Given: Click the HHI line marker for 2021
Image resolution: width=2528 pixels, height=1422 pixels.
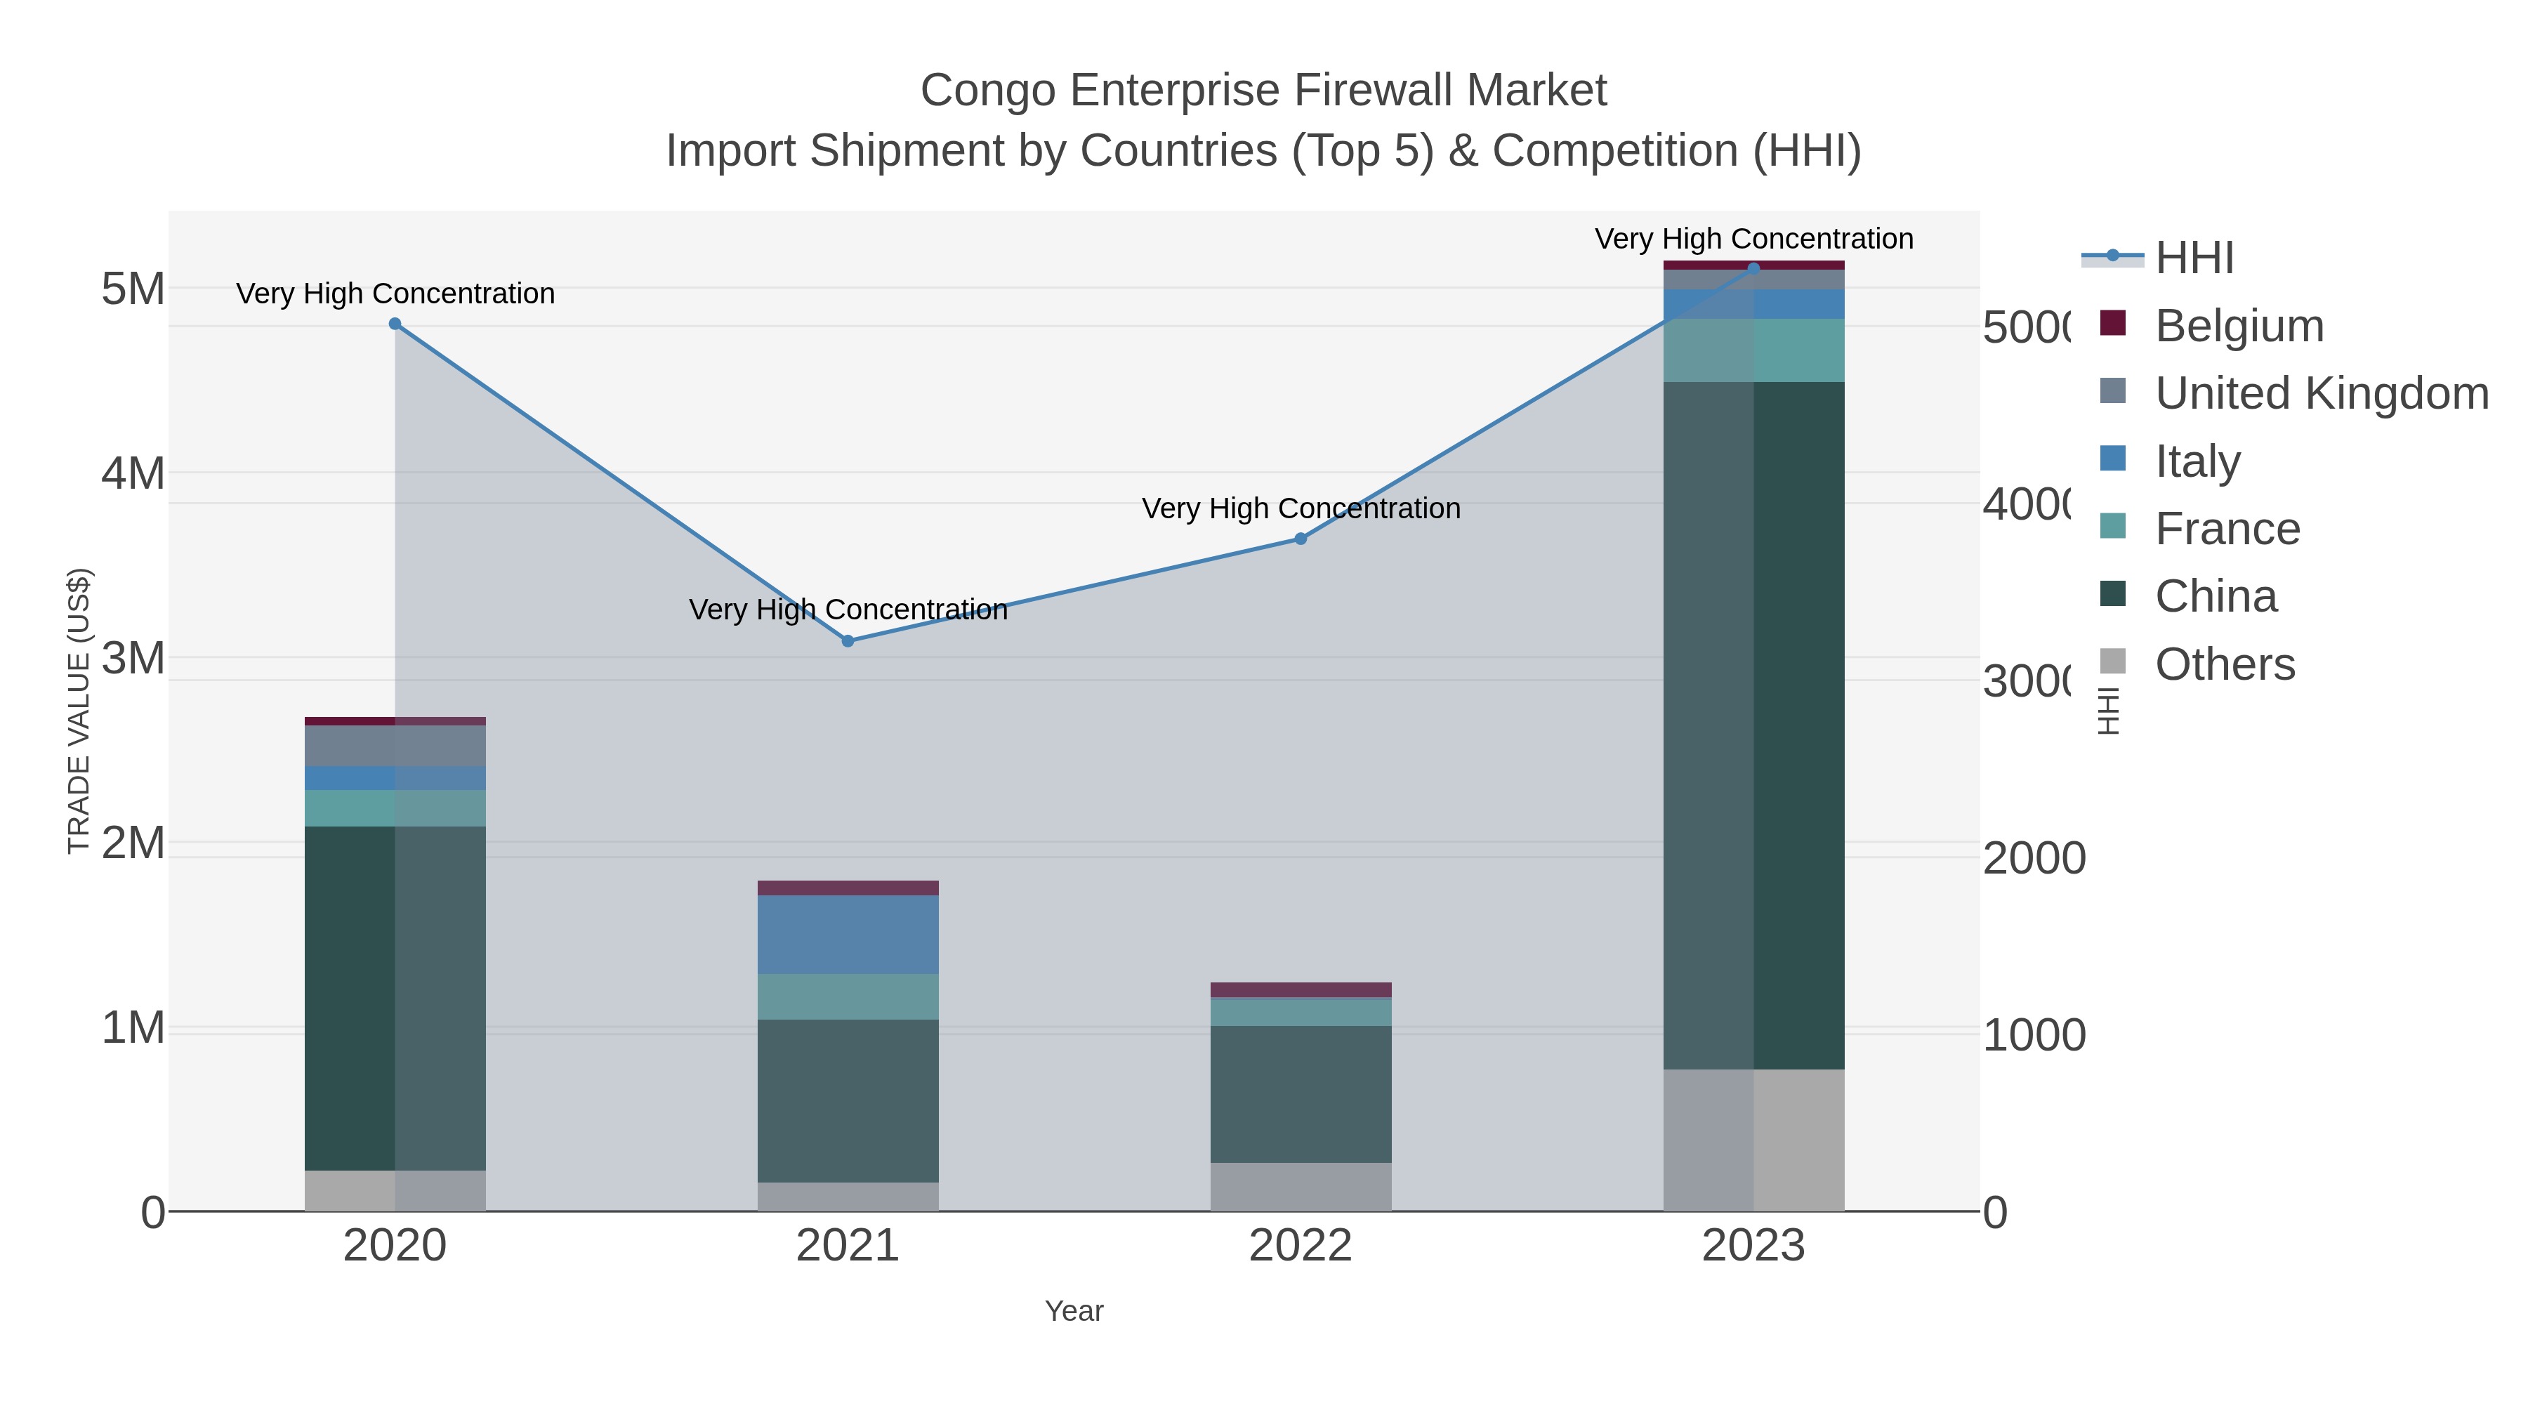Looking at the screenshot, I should tap(848, 641).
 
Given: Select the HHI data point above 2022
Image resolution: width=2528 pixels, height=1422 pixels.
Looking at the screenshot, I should tap(1301, 539).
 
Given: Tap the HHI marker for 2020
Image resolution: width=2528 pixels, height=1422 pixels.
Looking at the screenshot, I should tap(395, 324).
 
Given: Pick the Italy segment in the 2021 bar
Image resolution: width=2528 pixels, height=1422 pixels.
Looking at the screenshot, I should tap(848, 934).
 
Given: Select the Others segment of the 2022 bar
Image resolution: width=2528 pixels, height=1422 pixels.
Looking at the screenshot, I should tap(1301, 1187).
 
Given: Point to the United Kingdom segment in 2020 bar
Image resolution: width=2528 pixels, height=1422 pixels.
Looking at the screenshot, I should tap(395, 746).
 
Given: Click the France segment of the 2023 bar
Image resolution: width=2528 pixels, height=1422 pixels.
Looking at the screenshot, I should tap(1753, 350).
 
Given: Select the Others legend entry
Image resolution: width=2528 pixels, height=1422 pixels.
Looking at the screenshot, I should tap(2224, 664).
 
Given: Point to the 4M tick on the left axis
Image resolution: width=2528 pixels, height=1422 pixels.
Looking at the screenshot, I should tap(133, 474).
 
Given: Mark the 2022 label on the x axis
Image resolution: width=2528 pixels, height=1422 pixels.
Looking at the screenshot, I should tap(1301, 1246).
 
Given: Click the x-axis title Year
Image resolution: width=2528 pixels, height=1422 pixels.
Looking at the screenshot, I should tap(1074, 1311).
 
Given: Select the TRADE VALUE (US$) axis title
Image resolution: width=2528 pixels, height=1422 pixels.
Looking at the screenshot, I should tap(79, 711).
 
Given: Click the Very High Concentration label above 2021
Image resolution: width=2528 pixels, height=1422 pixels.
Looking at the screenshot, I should tap(848, 610).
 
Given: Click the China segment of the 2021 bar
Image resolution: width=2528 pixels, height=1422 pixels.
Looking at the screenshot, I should tap(848, 1100).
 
